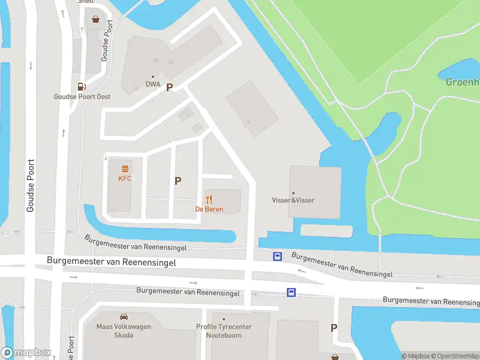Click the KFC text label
click(125, 178)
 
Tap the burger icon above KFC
click(125, 169)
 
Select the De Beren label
click(209, 209)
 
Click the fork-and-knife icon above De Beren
click(209, 199)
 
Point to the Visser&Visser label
click(293, 200)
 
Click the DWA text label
click(153, 85)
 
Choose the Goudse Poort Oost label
click(82, 97)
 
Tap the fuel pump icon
click(82, 86)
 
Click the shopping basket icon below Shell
click(95, 19)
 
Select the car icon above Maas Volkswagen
click(124, 316)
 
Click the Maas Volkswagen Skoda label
click(124, 331)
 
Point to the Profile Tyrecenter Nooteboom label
click(224, 331)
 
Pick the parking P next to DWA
click(170, 87)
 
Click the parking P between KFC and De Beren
click(178, 181)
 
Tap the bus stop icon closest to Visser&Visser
click(278, 256)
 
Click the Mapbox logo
click(26, 353)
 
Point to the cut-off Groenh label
click(463, 82)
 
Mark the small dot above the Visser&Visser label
click(293, 193)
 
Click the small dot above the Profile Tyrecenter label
click(224, 319)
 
